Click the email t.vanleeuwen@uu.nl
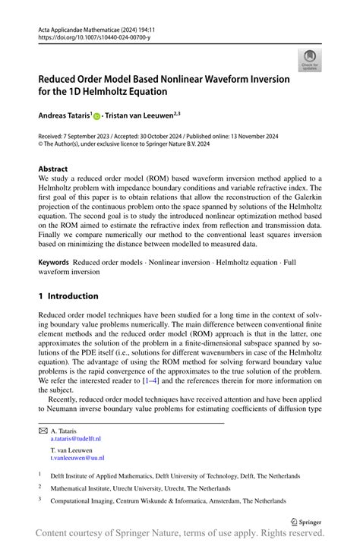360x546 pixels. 77,458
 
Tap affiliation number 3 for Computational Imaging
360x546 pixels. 40,501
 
